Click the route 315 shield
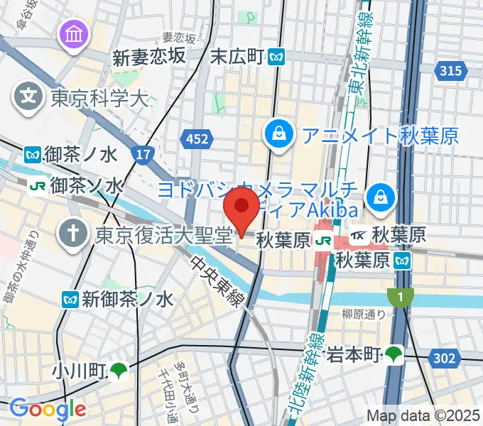point(451,71)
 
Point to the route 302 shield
point(444,359)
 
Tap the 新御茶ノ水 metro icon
point(70,300)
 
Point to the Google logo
point(47,410)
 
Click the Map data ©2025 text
point(422,415)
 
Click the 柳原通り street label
point(364,315)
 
